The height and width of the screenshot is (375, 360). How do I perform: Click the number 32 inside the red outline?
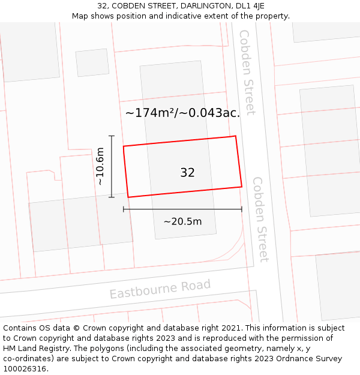(x=187, y=173)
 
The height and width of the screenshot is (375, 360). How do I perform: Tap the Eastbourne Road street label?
(x=160, y=289)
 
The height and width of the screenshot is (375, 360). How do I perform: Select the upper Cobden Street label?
(x=247, y=72)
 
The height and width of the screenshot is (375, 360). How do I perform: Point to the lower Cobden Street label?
(x=260, y=219)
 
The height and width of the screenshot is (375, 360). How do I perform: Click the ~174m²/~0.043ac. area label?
(x=182, y=112)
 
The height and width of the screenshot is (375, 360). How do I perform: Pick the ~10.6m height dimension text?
(x=100, y=166)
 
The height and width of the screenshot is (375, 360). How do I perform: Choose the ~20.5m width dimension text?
(x=182, y=221)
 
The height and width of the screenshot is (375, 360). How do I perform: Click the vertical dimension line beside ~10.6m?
(x=112, y=166)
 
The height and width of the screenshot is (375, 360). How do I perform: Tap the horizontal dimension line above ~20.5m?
(x=182, y=209)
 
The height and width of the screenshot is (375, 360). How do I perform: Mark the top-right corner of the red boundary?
(x=235, y=136)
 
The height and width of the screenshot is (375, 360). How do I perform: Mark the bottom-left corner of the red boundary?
(x=128, y=197)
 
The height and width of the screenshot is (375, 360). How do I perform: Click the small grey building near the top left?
(x=92, y=62)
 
